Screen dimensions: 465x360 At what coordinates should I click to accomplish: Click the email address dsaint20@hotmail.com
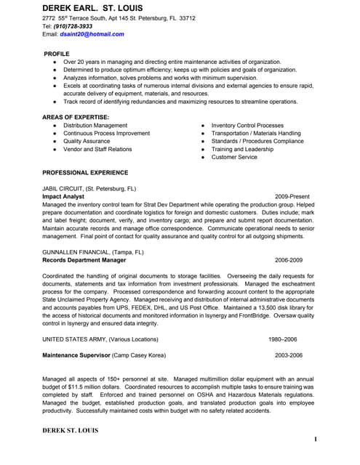click(x=92, y=34)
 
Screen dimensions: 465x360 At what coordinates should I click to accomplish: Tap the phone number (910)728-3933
click(x=73, y=26)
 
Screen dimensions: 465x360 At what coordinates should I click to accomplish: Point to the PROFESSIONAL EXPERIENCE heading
click(x=85, y=173)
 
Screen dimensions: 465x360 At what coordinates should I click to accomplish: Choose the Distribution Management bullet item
click(x=95, y=126)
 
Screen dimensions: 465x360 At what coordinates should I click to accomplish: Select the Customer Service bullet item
click(x=234, y=157)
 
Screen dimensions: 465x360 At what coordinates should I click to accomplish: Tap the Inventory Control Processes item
click(x=247, y=126)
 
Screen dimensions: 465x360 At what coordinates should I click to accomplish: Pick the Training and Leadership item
click(x=242, y=149)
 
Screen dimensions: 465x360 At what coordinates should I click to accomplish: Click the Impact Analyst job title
click(x=65, y=196)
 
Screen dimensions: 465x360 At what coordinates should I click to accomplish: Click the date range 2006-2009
click(x=289, y=259)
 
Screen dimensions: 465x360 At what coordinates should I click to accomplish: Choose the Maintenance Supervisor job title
click(x=76, y=355)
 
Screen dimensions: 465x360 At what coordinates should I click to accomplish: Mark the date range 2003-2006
click(x=289, y=355)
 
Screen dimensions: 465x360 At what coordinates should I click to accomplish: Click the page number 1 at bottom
click(x=316, y=440)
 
